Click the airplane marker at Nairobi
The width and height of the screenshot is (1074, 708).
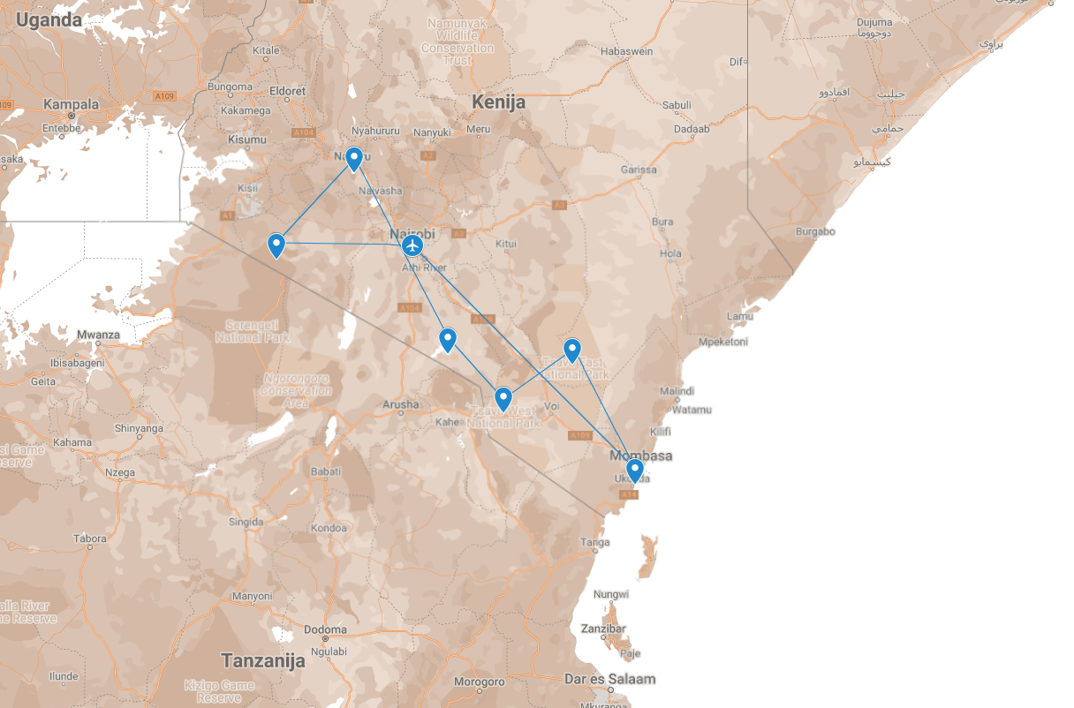click(412, 245)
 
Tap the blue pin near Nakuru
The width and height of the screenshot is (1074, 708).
click(354, 159)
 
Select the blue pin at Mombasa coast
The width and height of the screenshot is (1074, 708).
click(634, 470)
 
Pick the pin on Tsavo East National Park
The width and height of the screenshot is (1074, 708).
click(572, 350)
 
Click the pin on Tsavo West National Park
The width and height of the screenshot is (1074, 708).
click(503, 399)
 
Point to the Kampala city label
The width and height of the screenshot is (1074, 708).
click(72, 104)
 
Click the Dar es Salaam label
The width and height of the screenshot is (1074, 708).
click(610, 679)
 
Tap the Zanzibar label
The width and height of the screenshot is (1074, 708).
click(604, 629)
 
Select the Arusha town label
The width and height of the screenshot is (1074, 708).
click(401, 404)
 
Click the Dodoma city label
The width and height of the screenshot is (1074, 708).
click(325, 629)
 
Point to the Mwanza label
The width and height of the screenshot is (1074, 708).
click(98, 335)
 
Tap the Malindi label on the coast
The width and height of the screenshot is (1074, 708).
click(677, 391)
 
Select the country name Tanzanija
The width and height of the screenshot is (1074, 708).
click(263, 660)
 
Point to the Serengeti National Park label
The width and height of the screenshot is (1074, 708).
click(252, 330)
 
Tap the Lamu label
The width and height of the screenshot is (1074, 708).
click(739, 316)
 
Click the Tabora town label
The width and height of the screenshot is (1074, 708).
click(89, 538)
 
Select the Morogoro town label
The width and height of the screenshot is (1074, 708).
click(479, 682)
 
